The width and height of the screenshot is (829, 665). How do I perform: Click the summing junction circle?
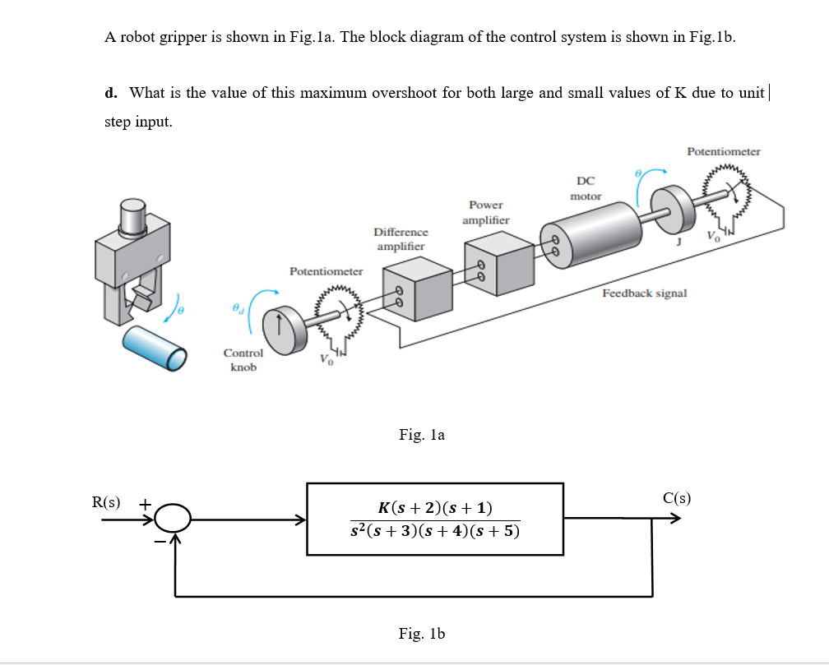click(174, 520)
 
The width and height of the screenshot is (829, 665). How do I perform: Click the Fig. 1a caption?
click(421, 435)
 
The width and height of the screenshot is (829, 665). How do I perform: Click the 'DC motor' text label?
click(586, 188)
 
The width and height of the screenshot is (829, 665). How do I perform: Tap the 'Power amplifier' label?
click(485, 212)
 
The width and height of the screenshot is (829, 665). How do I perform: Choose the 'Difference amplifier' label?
click(401, 239)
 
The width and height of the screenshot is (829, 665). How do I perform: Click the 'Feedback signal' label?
click(644, 293)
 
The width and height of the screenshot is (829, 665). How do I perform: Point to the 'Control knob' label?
click(243, 360)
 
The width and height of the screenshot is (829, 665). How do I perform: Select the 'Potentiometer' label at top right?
click(723, 151)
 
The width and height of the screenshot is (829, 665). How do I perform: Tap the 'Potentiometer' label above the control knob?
click(326, 271)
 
